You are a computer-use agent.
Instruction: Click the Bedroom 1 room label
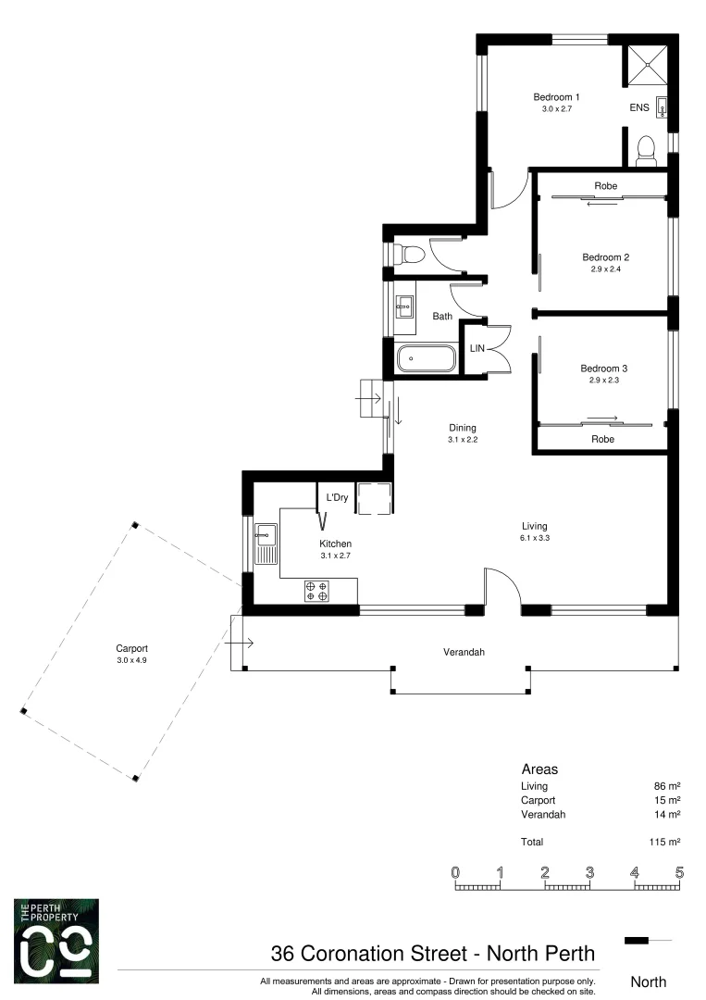[556, 97]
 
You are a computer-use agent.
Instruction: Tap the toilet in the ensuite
[647, 149]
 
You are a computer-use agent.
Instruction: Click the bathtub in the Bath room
[426, 358]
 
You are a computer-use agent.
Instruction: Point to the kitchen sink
[266, 543]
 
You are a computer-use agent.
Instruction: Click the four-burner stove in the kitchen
[316, 591]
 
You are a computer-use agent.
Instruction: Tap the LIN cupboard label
[477, 348]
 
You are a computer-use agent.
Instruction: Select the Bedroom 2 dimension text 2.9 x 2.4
[605, 269]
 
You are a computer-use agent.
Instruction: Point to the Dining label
[462, 428]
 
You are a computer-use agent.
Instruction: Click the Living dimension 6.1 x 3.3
[534, 537]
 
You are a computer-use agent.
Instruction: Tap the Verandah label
[463, 652]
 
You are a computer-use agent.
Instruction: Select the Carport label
[131, 649]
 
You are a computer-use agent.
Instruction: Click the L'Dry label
[337, 498]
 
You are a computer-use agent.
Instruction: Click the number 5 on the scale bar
[679, 872]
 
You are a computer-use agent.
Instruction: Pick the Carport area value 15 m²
[668, 800]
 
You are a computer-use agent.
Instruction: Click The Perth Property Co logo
[56, 940]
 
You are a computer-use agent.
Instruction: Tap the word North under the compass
[648, 981]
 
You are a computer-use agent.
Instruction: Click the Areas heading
[539, 769]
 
